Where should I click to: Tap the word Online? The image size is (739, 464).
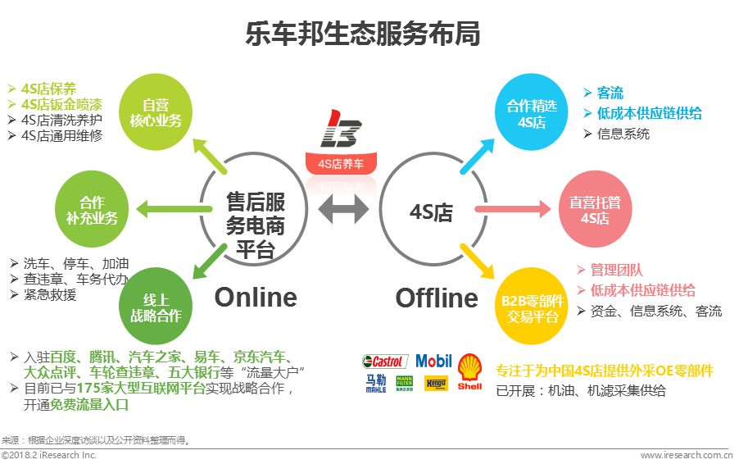(256, 297)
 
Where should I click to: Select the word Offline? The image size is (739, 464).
(437, 297)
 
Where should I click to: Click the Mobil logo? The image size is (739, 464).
(433, 361)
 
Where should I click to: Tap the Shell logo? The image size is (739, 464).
(470, 371)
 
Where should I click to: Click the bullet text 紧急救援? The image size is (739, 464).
(49, 296)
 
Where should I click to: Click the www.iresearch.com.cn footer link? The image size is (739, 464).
(686, 455)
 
